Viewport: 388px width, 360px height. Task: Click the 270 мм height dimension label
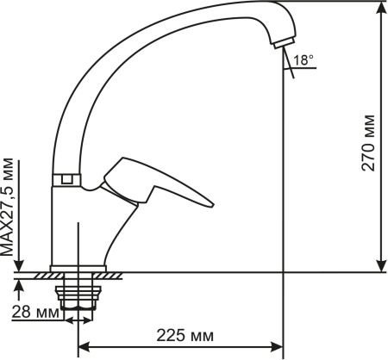[x=368, y=143]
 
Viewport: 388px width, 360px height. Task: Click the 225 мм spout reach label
[x=185, y=335]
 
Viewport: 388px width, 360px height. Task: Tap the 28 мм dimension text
[x=35, y=312]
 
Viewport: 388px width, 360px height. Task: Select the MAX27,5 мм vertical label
[x=7, y=207]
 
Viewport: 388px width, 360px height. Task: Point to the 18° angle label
[x=304, y=60]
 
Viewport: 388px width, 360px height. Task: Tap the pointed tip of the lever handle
[x=212, y=205]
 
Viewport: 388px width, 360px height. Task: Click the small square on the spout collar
[x=66, y=179]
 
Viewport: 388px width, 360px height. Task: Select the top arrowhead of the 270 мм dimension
[x=381, y=8]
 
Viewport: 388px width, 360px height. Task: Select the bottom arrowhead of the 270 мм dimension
[x=381, y=265]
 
